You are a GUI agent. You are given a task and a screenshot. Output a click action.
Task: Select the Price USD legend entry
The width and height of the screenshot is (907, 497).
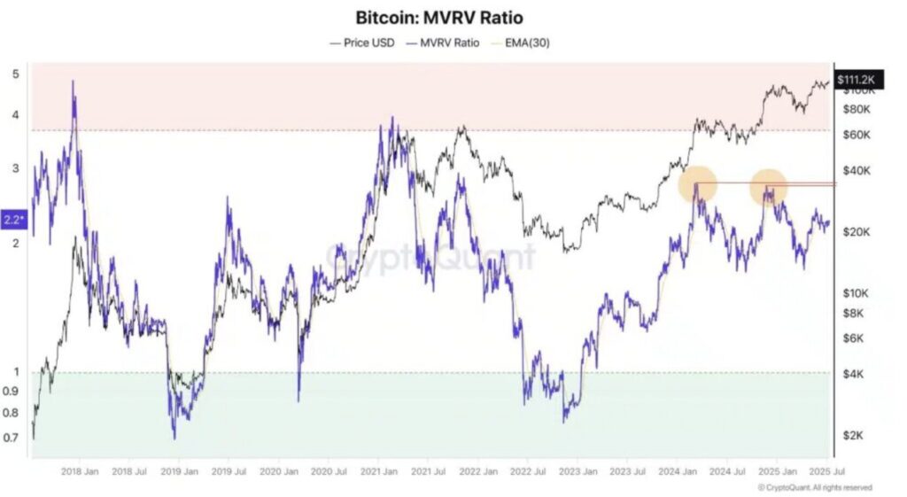point(362,42)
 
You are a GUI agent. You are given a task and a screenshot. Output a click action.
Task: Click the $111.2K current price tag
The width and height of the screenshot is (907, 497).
point(856,81)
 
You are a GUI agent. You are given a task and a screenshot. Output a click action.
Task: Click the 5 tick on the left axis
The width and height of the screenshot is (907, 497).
point(15,74)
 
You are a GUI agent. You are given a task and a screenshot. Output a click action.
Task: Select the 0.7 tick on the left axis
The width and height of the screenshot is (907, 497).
point(13,438)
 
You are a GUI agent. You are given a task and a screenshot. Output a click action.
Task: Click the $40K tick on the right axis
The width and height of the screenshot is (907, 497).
point(853,170)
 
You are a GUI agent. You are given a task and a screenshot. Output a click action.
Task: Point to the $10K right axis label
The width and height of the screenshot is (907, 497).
point(853,293)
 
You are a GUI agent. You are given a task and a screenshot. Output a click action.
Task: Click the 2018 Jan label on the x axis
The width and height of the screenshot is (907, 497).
point(79,472)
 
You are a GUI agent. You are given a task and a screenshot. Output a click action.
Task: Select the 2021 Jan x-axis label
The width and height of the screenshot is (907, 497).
point(382,472)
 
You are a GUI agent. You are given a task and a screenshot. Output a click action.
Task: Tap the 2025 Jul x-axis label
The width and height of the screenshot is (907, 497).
point(831,472)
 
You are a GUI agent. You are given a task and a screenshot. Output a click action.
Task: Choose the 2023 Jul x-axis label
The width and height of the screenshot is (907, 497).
point(632,472)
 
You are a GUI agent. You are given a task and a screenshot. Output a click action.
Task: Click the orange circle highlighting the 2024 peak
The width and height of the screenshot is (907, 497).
point(697,185)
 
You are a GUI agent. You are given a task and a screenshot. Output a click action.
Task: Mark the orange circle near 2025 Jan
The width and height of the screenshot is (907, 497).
point(769,187)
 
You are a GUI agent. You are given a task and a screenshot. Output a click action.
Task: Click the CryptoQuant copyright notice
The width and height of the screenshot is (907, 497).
point(815,487)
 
